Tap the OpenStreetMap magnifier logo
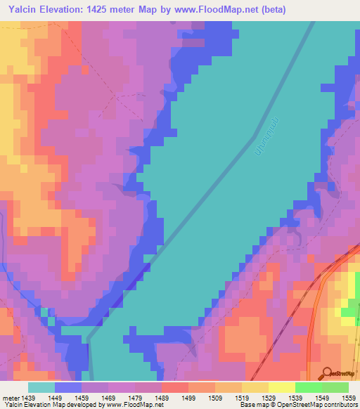point(326,372)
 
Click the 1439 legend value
point(28,397)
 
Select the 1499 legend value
point(188,397)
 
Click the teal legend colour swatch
point(41,387)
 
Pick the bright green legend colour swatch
point(309,387)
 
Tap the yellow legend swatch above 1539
point(282,387)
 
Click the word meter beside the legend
point(11,397)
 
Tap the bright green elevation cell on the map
point(349,311)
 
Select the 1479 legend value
point(135,397)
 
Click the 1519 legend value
point(242,397)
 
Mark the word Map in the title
point(163,9)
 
